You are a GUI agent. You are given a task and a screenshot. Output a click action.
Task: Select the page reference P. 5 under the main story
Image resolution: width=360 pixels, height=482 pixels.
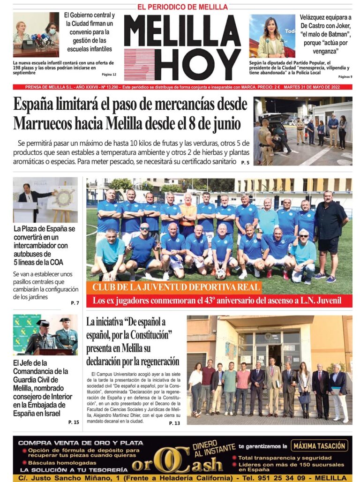point(245,162)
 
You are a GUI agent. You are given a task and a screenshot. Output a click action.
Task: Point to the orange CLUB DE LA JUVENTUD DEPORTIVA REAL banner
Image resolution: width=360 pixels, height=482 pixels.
point(176,287)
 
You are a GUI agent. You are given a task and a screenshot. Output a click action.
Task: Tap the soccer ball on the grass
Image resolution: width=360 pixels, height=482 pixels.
point(220,274)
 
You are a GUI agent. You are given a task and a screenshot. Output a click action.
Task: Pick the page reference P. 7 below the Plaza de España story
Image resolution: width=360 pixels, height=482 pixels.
point(75,303)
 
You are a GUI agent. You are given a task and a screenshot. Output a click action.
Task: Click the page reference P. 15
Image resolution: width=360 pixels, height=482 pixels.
point(74,422)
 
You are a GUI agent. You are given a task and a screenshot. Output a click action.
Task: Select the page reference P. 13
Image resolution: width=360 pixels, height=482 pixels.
point(174,423)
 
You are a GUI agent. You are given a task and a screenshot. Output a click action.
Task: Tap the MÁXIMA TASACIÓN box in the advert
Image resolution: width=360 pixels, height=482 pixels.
point(320,445)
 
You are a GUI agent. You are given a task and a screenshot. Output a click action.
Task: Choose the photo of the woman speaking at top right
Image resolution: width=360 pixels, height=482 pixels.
point(272,36)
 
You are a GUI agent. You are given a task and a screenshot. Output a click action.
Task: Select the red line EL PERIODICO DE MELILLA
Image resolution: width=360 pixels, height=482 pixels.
point(182,7)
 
